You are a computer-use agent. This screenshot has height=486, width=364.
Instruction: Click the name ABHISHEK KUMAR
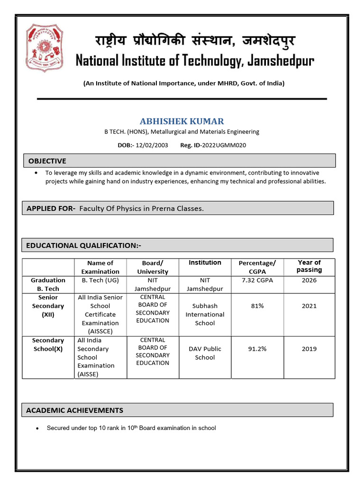point(182,121)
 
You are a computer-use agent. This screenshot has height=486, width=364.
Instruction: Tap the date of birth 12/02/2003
point(152,145)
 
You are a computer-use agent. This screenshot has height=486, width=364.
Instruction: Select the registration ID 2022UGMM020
point(224,145)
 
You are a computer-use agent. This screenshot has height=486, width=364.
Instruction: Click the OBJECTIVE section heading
point(47,161)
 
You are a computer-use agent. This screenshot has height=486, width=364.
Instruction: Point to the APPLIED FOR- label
point(51,208)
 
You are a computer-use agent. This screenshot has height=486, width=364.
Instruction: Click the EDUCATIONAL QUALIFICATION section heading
point(84,245)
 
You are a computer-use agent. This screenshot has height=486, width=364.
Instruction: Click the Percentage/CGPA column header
point(257,267)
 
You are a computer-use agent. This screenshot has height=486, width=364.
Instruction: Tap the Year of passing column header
point(309,266)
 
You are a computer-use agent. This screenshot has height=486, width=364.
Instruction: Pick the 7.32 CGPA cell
point(257,280)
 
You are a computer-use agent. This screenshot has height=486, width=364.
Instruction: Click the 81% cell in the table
point(257,306)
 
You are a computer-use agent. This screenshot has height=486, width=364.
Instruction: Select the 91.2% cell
point(257,349)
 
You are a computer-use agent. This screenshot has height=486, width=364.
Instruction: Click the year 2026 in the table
point(309,280)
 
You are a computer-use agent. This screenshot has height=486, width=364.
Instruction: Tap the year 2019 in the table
point(309,349)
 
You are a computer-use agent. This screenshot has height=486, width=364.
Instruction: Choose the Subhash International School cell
point(205,314)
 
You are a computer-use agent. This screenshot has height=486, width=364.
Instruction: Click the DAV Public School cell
point(205,353)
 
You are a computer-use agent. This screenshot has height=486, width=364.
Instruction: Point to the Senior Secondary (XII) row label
point(48,306)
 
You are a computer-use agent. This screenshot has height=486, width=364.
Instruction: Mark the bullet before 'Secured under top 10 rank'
point(37,429)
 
